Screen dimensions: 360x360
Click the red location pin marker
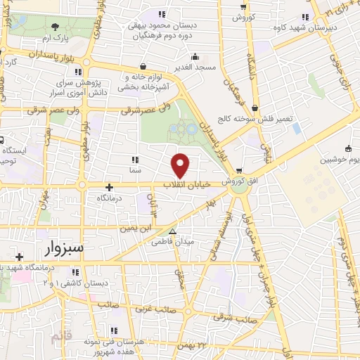click(x=181, y=165)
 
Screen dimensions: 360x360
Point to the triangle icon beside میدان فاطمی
click(x=172, y=231)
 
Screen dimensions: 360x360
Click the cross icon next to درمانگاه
click(x=108, y=187)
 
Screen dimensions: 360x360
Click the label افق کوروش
click(x=242, y=181)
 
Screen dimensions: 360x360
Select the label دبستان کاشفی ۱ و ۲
click(x=95, y=282)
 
